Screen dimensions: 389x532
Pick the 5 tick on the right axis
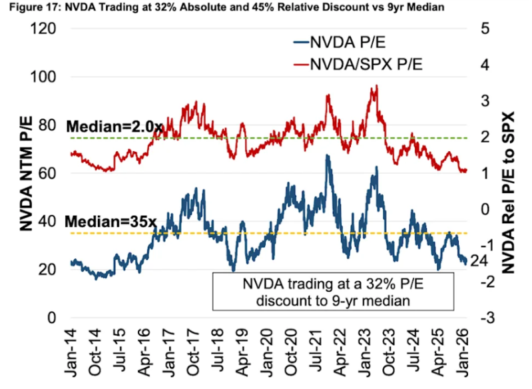tap(483, 29)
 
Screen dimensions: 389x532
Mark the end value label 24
tap(478, 261)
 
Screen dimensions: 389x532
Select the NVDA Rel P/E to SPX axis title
tap(509, 173)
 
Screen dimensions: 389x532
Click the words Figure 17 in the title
tap(29, 7)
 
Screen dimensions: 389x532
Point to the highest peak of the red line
tap(377, 85)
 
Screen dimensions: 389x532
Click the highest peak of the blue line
tap(327, 156)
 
